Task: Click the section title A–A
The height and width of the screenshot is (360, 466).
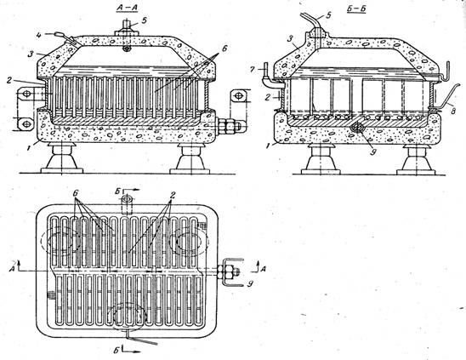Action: [x=127, y=8]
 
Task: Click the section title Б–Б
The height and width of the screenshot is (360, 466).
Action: [x=356, y=9]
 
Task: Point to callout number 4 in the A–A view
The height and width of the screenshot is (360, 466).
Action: [x=39, y=35]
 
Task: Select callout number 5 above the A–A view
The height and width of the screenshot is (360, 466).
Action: [x=145, y=20]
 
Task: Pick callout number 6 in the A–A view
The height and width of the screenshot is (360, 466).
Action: [x=224, y=49]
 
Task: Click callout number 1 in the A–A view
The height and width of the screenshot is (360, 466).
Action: [x=30, y=147]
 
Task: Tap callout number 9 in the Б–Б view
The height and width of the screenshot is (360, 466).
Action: [x=373, y=152]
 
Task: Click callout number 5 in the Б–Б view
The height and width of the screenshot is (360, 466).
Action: [x=328, y=15]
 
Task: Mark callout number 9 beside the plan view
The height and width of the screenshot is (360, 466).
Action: [x=250, y=284]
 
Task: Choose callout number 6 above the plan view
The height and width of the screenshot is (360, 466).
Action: [x=77, y=194]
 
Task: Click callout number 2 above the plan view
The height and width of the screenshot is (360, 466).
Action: [x=173, y=195]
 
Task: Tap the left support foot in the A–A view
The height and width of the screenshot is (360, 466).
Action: [x=62, y=158]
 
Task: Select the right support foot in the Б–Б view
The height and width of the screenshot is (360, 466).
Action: [x=417, y=160]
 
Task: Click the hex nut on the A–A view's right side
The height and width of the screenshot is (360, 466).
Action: [x=228, y=126]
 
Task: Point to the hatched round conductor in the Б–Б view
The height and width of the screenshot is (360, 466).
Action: [x=358, y=128]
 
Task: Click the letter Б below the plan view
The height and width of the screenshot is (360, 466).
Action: [x=116, y=351]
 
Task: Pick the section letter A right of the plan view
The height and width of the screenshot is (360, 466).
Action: [x=264, y=269]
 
